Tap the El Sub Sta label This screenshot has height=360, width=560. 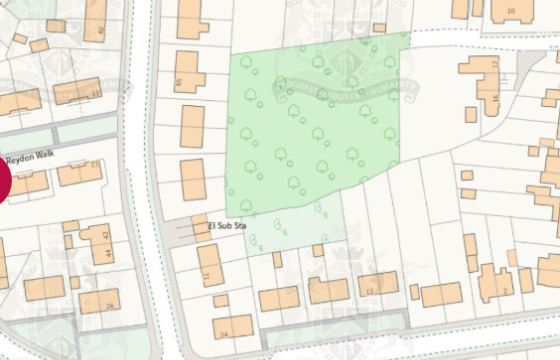pyautogui.click(x=226, y=227)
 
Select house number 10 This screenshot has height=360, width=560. pyautogui.click(x=511, y=11)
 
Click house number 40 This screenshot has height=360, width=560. pyautogui.click(x=101, y=30)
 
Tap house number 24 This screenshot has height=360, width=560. pyautogui.click(x=223, y=332)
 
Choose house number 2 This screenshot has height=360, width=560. pyautogui.click(x=506, y=289)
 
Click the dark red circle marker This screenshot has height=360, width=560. pyautogui.click(x=3, y=182)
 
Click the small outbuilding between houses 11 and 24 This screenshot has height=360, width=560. pyautogui.click(x=219, y=301)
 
